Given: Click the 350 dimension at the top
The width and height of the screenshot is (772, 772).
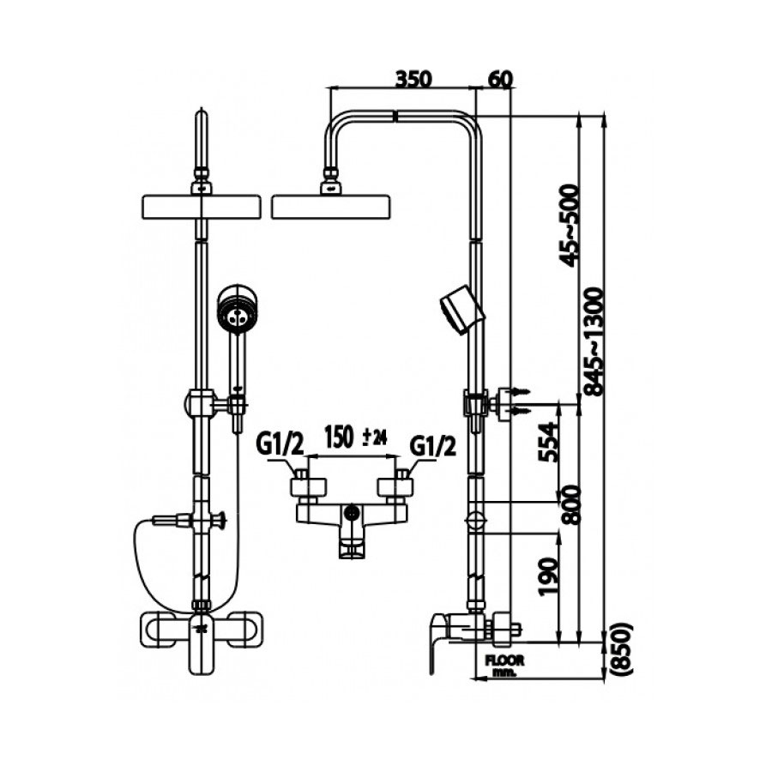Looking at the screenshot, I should (413, 78).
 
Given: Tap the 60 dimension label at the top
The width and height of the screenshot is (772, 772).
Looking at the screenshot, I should (499, 78).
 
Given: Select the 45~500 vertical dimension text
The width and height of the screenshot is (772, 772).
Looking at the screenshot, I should (567, 225).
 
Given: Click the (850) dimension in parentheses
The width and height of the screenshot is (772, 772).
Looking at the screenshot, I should (623, 652).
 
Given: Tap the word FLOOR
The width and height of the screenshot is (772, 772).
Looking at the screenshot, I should (505, 660).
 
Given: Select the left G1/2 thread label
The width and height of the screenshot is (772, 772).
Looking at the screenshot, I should (280, 444).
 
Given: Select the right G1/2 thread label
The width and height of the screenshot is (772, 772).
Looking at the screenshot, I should (432, 444).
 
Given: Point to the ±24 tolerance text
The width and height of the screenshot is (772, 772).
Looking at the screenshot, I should (375, 439).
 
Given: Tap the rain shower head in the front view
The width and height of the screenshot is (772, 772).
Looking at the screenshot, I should (201, 207).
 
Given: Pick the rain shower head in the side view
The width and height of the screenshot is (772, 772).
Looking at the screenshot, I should (330, 207).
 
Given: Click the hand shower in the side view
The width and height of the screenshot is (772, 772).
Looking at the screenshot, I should (461, 307).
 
